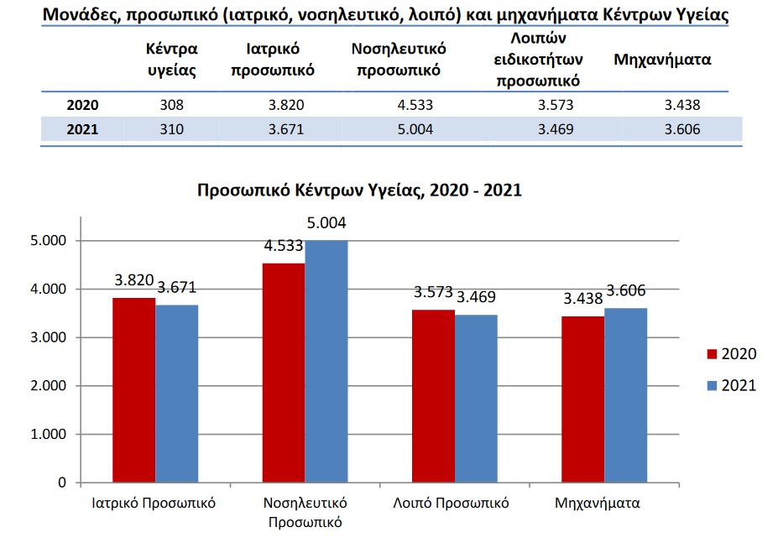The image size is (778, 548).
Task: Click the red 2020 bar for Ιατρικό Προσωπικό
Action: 134,390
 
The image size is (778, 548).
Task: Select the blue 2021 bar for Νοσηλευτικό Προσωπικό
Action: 326,362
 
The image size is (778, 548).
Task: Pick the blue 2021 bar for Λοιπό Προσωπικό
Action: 476,399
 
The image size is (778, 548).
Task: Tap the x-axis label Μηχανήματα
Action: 598,504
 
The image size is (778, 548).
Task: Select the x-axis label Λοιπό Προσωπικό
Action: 452,504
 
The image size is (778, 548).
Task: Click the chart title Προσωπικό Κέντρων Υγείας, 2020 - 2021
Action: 359,190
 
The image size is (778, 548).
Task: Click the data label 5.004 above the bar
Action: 326,223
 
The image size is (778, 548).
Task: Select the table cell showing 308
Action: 170,106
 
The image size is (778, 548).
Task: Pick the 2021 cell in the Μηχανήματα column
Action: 681,130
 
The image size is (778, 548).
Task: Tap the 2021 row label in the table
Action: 83,130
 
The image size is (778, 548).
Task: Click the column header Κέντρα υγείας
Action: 171,60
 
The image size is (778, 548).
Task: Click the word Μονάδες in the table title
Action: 78,15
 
